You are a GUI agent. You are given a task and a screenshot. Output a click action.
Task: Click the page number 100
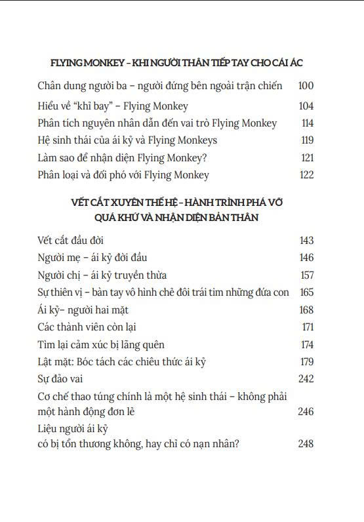click(306, 86)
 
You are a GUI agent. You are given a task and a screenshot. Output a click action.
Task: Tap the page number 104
click(306, 106)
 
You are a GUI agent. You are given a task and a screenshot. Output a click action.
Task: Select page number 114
click(306, 123)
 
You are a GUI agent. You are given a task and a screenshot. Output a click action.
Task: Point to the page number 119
click(306, 140)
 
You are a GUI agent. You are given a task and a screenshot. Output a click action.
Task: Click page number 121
click(307, 157)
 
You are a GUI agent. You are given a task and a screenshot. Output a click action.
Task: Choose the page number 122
click(306, 174)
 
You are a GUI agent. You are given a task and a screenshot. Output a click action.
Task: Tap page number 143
click(306, 241)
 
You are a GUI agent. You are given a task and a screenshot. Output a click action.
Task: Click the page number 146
click(306, 258)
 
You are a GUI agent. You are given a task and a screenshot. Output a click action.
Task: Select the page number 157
click(306, 275)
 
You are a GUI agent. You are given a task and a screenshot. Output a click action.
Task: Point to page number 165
click(306, 292)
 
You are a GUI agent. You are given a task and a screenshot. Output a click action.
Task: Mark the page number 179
click(306, 361)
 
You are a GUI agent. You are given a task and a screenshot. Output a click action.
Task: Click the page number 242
click(306, 379)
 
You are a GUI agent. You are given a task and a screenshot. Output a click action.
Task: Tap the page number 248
click(306, 444)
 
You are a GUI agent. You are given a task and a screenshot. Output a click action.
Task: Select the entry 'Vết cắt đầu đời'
click(71, 241)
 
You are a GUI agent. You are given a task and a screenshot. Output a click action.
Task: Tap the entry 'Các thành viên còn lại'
click(87, 327)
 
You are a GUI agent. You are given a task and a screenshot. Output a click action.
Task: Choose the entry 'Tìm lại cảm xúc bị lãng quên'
click(101, 344)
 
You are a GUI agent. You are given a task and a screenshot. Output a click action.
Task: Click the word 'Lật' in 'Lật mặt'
click(47, 361)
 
